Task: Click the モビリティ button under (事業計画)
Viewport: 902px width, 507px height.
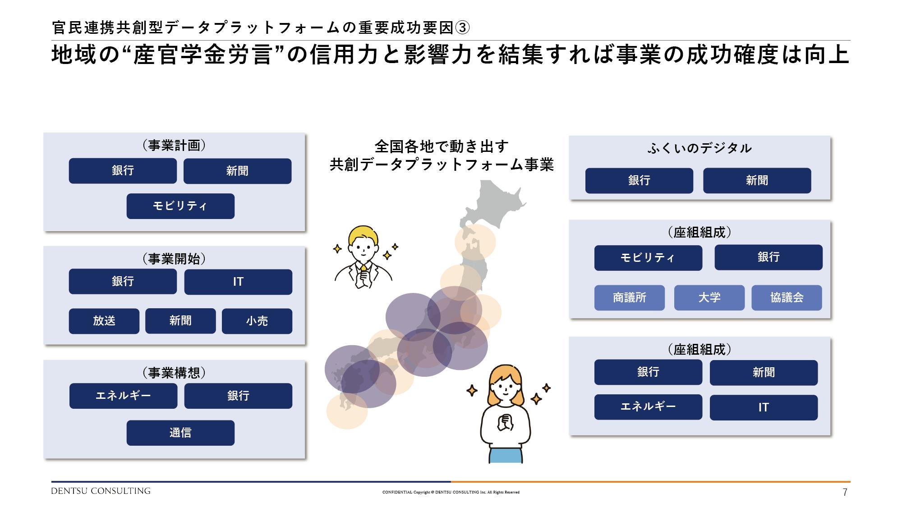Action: click(180, 206)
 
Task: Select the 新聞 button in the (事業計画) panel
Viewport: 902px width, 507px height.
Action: click(237, 171)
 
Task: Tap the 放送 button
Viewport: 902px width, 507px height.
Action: click(104, 321)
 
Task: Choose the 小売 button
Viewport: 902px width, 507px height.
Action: click(257, 321)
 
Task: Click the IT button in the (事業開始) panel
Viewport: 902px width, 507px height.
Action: click(238, 282)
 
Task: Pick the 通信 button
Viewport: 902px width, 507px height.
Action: click(180, 433)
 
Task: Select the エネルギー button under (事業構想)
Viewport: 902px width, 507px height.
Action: click(123, 396)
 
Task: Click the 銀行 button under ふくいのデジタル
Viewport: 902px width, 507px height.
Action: click(639, 181)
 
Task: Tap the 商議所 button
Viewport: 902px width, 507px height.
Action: click(630, 297)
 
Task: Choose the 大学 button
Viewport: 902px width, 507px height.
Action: click(709, 297)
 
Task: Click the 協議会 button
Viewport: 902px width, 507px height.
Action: click(787, 297)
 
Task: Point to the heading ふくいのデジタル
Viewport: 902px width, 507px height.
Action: click(700, 148)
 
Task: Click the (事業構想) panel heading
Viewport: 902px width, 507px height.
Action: click(174, 373)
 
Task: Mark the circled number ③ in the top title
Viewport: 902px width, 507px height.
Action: click(462, 28)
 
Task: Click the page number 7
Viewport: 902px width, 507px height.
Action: click(845, 492)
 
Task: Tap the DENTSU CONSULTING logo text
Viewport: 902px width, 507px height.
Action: click(101, 491)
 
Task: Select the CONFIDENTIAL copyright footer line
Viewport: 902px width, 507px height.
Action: click(451, 492)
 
